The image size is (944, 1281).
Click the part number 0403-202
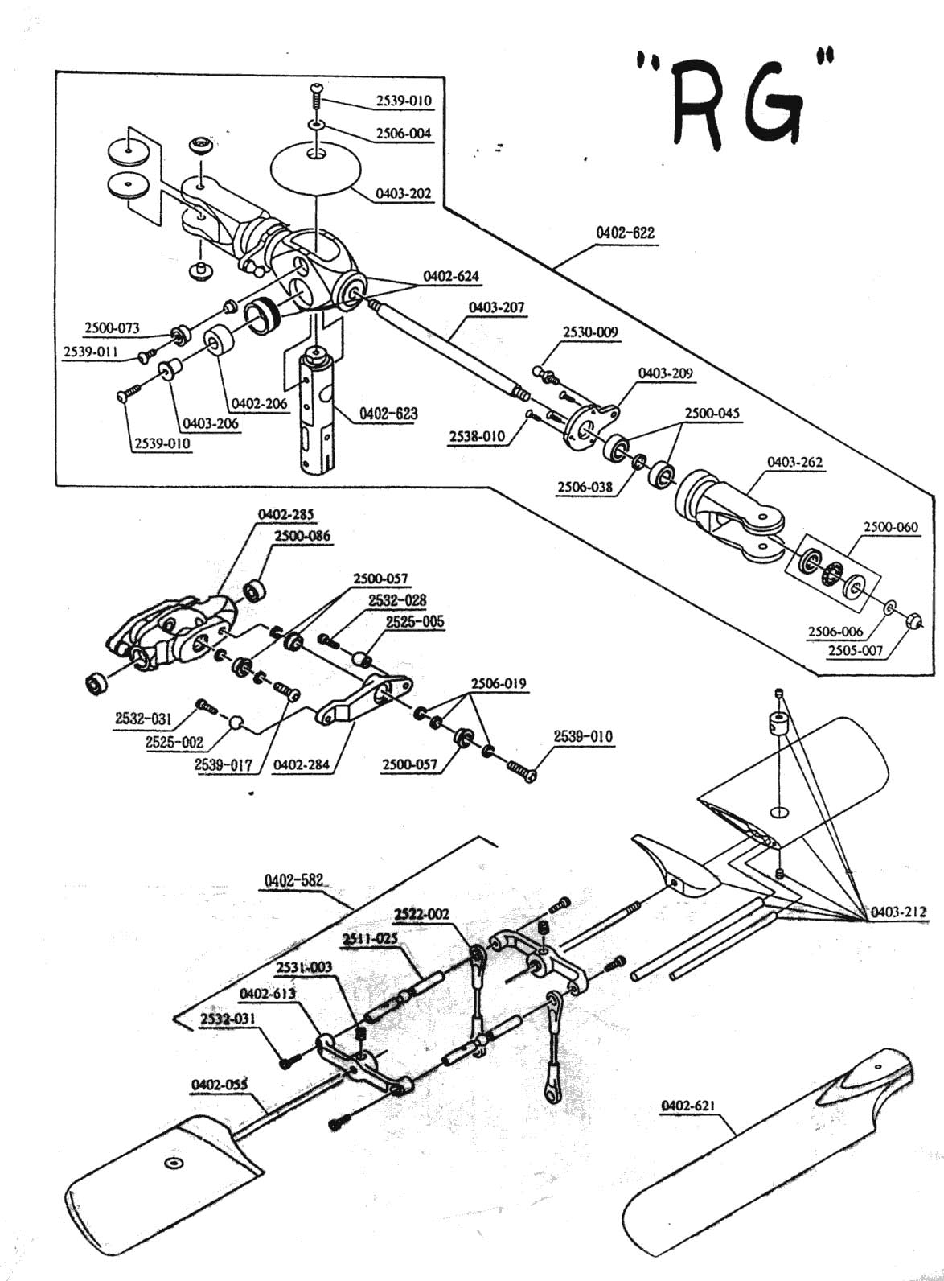(404, 194)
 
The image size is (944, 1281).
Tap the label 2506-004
(404, 134)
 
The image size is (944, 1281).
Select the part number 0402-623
(388, 413)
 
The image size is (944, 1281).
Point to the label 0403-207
(497, 307)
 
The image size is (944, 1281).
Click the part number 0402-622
(626, 233)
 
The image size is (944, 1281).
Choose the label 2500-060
(890, 527)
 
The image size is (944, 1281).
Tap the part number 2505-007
(856, 650)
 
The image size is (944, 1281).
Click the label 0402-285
(285, 514)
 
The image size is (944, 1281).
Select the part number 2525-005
(415, 622)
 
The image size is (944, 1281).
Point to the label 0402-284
(302, 764)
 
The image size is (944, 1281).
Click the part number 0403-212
(898, 912)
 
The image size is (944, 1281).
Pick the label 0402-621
(688, 1106)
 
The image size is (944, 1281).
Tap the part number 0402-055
(220, 1085)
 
